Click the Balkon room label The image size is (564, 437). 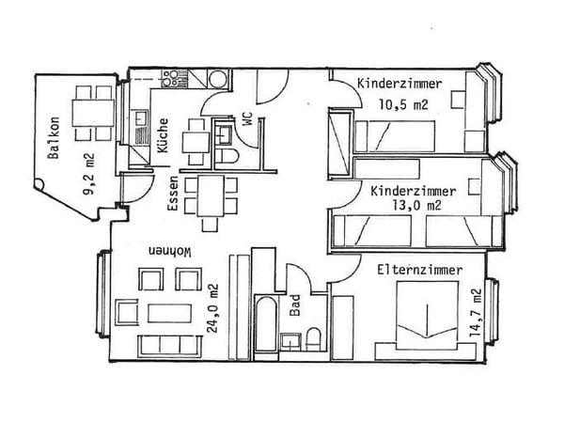pos(54,138)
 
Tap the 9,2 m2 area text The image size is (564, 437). pos(88,175)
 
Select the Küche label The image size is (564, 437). pos(163,135)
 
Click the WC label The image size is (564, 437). pos(247,119)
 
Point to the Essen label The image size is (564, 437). pos(173,194)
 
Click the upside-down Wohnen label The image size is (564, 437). pos(170,252)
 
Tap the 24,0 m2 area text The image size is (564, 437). pos(212,308)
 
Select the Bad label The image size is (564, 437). pos(295,305)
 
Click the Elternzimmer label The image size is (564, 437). pos(419,270)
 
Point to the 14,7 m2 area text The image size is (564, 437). pos(476,312)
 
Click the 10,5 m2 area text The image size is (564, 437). pos(403,104)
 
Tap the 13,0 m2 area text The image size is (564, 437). pos(416,206)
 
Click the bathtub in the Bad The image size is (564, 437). pos(266,324)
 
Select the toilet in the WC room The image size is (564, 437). pos(227,157)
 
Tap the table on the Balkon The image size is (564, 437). pos(93,113)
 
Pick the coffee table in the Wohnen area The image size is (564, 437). pos(169,313)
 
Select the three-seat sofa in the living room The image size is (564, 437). pos(169,346)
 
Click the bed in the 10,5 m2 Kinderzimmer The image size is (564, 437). pos(395,136)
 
